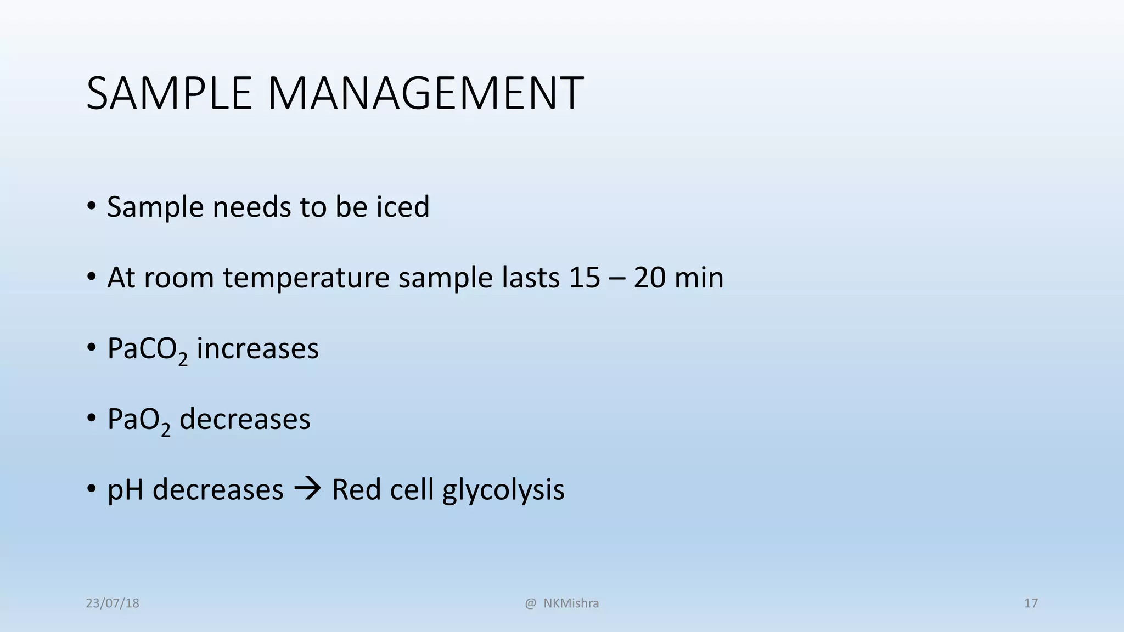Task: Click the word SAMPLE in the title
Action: pos(168,93)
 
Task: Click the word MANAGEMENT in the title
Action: pos(425,93)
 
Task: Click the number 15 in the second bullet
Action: pos(584,278)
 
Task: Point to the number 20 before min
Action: pos(649,278)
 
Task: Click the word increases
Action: pos(257,349)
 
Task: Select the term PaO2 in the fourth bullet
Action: pos(138,420)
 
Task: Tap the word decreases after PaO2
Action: pos(245,419)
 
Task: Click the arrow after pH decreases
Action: pos(308,489)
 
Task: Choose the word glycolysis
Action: pos(503,490)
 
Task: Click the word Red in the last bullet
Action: pos(356,489)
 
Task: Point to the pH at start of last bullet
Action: pos(126,490)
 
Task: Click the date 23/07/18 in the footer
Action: pos(113,603)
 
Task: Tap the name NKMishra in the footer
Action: pos(571,603)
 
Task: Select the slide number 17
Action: pos(1031,603)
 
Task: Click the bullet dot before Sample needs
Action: pos(92,207)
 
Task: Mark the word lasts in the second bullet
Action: pos(531,278)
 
